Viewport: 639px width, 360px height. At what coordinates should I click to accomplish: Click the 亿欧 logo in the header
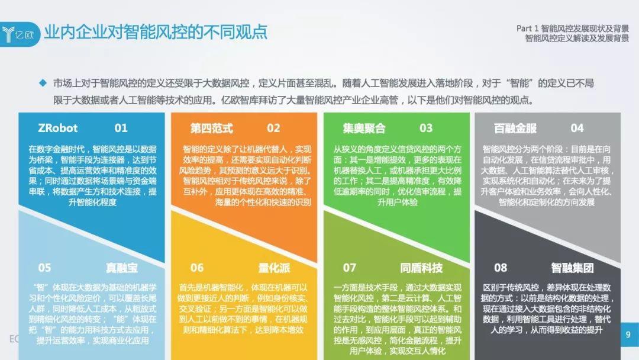tap(19, 34)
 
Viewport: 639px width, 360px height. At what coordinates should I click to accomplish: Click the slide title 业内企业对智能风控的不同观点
tap(156, 32)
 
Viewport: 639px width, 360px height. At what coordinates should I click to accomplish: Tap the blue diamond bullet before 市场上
tap(43, 83)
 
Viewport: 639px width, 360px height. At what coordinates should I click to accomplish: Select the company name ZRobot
tap(57, 128)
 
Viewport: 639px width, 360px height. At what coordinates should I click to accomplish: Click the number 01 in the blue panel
tap(121, 128)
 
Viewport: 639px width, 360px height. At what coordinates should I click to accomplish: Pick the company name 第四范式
tap(211, 128)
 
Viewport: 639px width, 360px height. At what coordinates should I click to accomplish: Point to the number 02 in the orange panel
tap(273, 128)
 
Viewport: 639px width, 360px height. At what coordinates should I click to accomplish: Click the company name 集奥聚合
tap(364, 128)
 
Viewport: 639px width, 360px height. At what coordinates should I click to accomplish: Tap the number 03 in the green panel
tap(426, 128)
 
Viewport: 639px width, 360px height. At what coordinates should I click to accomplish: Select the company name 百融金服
tap(515, 128)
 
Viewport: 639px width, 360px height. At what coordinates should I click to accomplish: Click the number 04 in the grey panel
tap(577, 128)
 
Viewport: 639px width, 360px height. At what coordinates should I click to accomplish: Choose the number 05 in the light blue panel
tap(44, 268)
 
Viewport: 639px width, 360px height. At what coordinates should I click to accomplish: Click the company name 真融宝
tap(121, 268)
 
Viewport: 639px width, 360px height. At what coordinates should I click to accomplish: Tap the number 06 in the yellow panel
tap(197, 268)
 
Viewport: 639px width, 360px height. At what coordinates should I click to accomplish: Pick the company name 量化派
tap(274, 268)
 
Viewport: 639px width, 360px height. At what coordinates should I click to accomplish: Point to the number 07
tap(349, 268)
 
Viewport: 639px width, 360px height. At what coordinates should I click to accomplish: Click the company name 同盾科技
tap(421, 268)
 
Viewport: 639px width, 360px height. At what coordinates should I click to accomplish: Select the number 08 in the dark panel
tap(501, 268)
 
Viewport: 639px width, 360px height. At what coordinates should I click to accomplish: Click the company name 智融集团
tap(572, 268)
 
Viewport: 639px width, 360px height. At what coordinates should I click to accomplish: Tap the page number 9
tap(628, 335)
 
